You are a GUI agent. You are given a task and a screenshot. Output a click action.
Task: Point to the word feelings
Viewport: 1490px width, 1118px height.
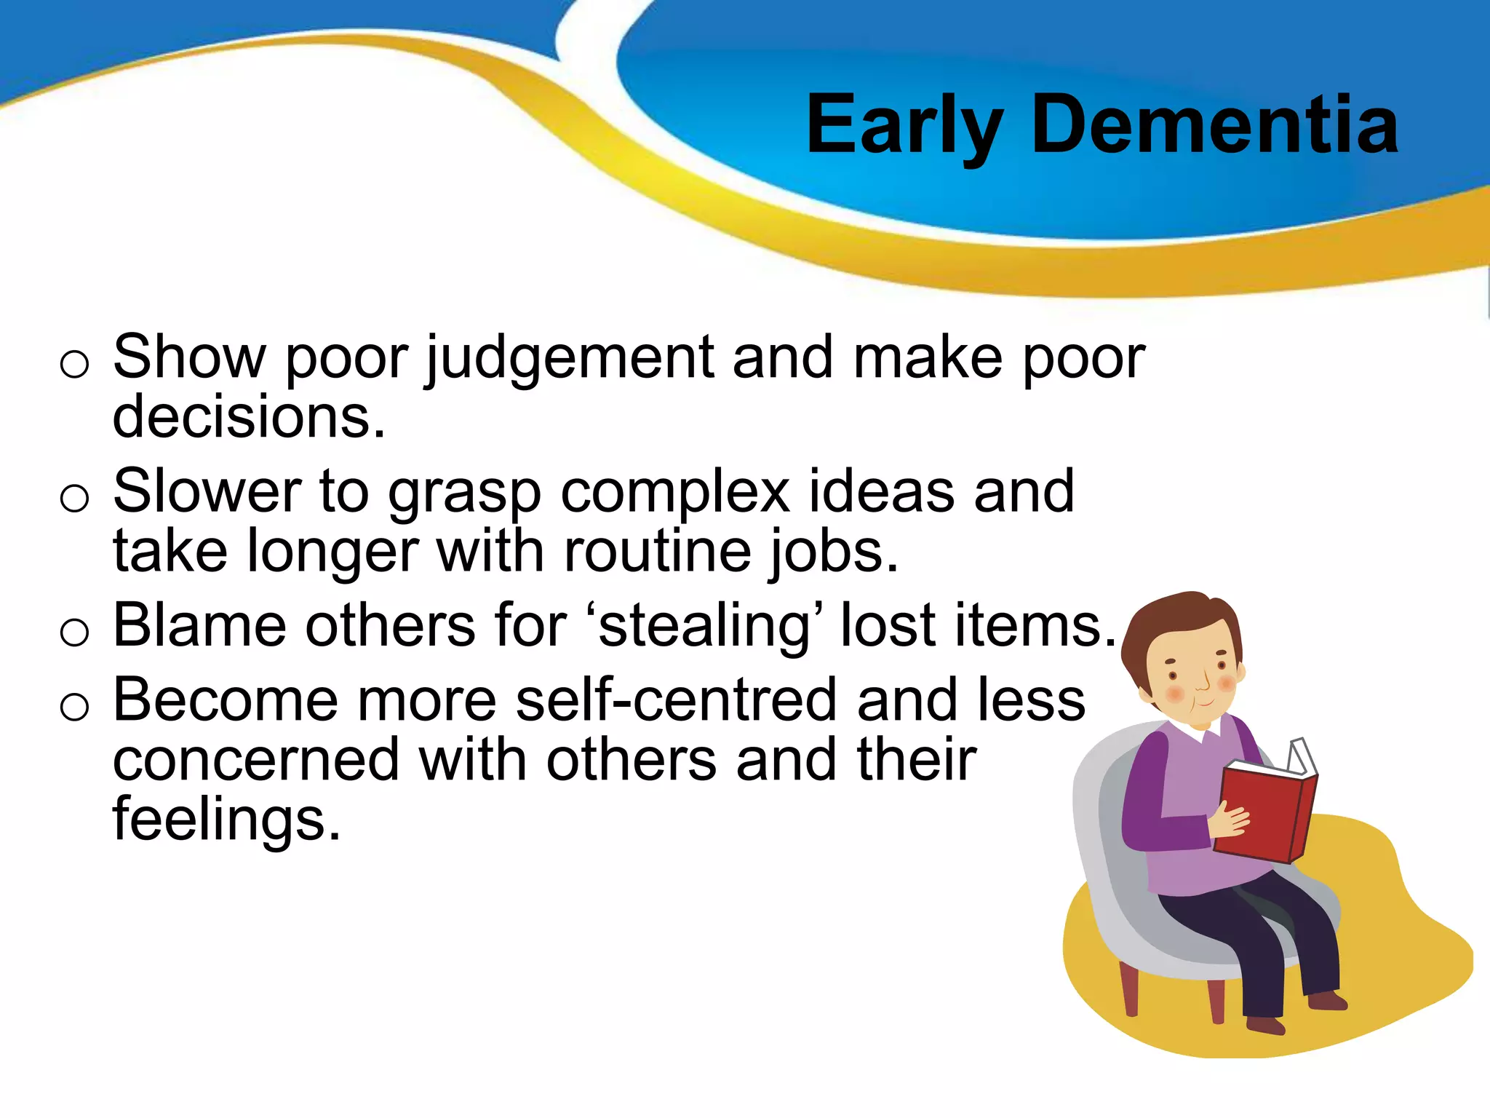click(226, 820)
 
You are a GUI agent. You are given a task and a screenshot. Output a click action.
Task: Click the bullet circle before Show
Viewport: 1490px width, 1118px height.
click(74, 364)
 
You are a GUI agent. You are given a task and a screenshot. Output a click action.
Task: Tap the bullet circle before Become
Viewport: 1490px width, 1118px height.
click(74, 707)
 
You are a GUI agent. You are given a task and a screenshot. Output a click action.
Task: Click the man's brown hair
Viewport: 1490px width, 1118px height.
click(1179, 619)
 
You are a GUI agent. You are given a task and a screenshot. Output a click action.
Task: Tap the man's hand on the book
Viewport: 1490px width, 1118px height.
click(1230, 819)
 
